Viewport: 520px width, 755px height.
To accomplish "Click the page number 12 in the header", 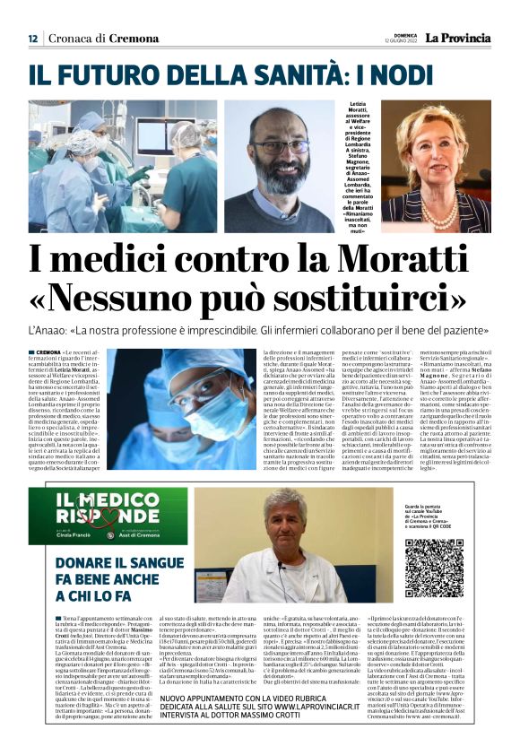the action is coord(32,39).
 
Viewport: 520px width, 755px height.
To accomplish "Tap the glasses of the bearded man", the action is coord(279,146).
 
